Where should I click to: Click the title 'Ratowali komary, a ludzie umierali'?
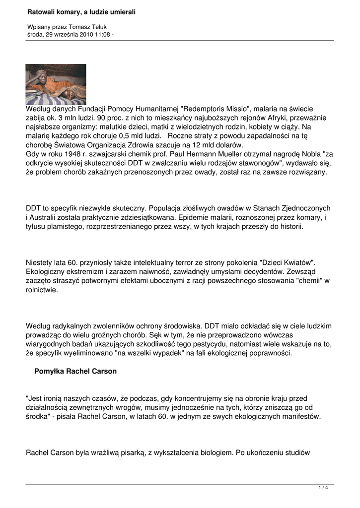pyautogui.click(x=81, y=11)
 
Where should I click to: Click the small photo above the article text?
pyautogui.click(x=56, y=84)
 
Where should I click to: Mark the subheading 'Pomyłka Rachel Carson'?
pyautogui.click(x=75, y=371)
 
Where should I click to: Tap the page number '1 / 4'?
pyautogui.click(x=323, y=488)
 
